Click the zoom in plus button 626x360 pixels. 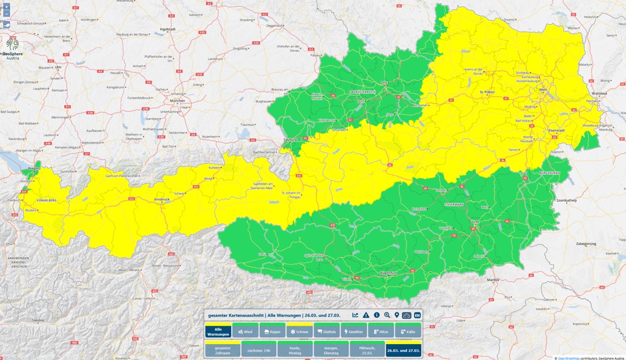point(6,6)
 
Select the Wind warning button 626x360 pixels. point(245,331)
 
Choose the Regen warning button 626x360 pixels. point(272,331)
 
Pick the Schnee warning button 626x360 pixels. point(300,331)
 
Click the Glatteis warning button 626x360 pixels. point(326,331)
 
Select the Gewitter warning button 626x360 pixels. point(354,331)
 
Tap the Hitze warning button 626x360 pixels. point(381,331)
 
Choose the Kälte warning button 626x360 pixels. point(408,331)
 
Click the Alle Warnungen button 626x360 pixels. point(218,331)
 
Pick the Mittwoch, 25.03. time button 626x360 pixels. point(366,349)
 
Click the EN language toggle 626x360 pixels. point(417,315)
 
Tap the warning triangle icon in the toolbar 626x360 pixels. point(366,315)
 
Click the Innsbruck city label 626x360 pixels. point(161,200)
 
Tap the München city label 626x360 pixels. point(177,101)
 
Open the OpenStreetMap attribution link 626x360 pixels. point(571,358)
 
